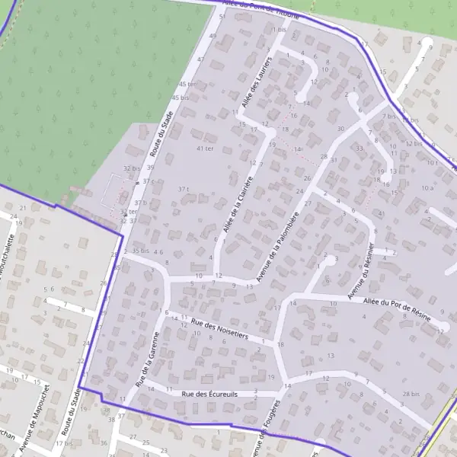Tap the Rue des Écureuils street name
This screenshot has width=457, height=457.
210,394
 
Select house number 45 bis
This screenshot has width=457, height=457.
181,98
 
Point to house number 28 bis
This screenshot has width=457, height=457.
411,393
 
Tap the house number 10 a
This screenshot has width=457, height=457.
427,187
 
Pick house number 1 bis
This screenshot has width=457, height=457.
280,30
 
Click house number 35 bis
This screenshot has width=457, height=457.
140,251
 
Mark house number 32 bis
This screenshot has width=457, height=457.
132,168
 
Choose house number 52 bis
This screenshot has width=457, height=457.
414,143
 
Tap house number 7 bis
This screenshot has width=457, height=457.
389,117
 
